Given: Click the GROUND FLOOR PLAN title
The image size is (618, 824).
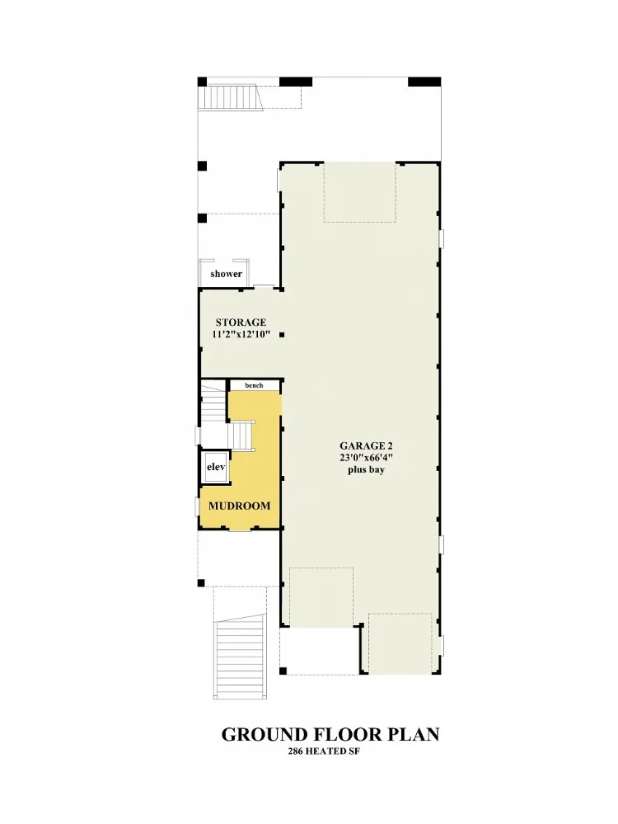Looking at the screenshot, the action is coord(330,734).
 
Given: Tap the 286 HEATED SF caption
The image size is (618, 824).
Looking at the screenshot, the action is coord(324,751).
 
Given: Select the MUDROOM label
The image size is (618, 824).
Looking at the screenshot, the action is coord(240,506).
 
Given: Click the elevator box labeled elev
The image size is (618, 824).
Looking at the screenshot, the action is coord(215,467).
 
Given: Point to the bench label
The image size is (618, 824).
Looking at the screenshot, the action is coord(254,385).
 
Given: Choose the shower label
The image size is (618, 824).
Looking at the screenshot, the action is coord(227,274).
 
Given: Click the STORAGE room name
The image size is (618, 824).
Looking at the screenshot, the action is coord(241,323).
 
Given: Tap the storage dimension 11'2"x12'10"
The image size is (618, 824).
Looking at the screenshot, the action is coord(241,334).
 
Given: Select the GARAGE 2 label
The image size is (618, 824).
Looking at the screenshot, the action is coord(366,446).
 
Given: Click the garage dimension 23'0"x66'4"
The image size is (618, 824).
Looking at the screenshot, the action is coord(366,457).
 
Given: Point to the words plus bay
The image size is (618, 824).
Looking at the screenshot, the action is coord(366,469).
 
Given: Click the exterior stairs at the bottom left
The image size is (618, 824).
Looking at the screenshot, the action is coord(238,659).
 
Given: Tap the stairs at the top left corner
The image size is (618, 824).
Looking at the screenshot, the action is coord(229,98).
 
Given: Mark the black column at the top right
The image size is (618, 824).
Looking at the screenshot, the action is coord(424,82).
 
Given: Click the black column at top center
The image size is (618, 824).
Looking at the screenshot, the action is coord(296,82).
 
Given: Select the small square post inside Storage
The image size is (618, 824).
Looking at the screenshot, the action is coord(282,335).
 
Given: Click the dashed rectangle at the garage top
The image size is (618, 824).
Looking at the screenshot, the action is coord(359,192).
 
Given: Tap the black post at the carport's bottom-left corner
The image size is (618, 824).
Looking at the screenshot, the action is coord(283,671).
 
